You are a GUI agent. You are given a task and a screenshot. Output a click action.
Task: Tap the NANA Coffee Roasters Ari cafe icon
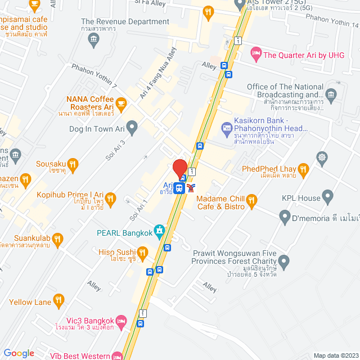pyautogui.click(x=121, y=103)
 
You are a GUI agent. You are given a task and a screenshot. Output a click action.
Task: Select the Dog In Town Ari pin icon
pyautogui.click(x=132, y=129)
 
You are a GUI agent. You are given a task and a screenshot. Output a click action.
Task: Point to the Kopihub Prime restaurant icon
pyautogui.click(x=110, y=197)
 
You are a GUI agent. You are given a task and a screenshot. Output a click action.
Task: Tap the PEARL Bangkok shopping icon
pyautogui.click(x=160, y=230)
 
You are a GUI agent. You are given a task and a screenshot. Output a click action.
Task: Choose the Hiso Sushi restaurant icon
pyautogui.click(x=143, y=254)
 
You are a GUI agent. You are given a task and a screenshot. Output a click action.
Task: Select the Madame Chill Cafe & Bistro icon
pyautogui.click(x=252, y=199)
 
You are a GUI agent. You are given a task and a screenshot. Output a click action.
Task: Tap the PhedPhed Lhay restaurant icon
pyautogui.click(x=303, y=169)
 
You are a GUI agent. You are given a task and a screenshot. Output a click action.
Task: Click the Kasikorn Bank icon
pyautogui.click(x=227, y=129)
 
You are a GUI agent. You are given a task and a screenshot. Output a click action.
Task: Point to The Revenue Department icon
pyautogui.click(x=93, y=38)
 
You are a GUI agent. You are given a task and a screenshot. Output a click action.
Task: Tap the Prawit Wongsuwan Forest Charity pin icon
pyautogui.click(x=284, y=261)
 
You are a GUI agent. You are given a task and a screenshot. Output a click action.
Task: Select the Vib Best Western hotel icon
pyautogui.click(x=118, y=355)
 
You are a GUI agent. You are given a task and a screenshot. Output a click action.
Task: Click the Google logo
pyautogui.click(x=19, y=353)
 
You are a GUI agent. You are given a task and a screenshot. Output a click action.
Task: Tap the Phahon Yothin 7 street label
pyautogui.click(x=93, y=76)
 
